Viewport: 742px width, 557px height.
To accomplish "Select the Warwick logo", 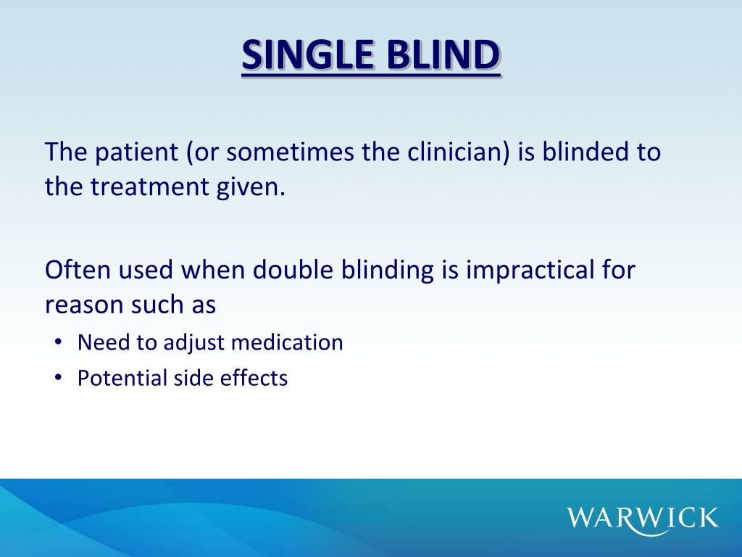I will pyautogui.click(x=643, y=518).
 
